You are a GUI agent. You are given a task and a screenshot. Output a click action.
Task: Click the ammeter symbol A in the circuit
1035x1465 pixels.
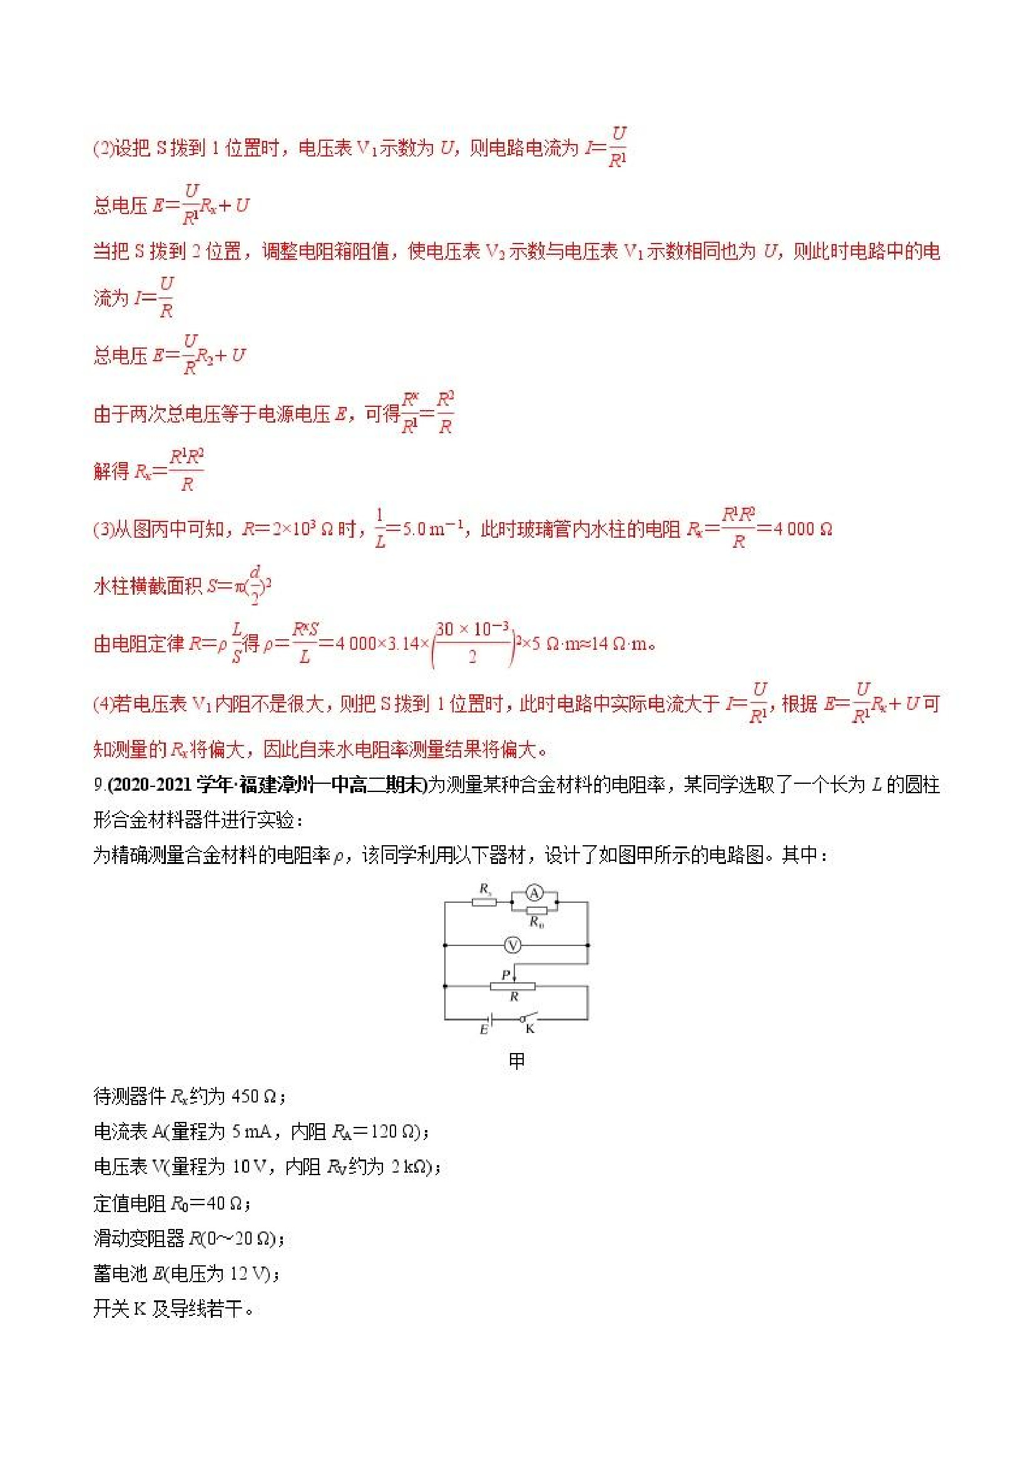coord(534,893)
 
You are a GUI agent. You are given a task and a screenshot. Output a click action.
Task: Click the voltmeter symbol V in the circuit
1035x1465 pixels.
coord(512,945)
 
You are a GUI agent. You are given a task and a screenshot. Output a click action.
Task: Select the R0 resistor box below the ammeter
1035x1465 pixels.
coord(536,910)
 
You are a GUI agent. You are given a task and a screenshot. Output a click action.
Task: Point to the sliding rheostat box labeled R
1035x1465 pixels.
coord(512,987)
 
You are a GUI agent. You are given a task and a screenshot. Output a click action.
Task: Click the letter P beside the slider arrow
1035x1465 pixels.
coord(506,975)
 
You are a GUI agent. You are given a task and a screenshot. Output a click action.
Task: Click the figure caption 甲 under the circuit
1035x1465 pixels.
coord(516,1061)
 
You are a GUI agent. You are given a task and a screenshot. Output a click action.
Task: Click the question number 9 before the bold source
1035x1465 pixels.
coord(99,785)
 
